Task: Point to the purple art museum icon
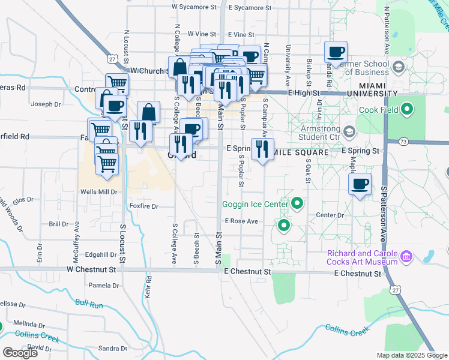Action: coord(406,257)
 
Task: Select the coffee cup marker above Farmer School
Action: coord(336,51)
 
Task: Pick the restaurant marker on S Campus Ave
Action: coord(262,149)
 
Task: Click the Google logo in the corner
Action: coord(20,353)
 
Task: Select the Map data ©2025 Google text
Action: coord(412,355)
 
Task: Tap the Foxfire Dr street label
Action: coord(143,206)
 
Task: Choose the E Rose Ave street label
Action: coord(241,221)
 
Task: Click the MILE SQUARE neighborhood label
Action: coord(301,153)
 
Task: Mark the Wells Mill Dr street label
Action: coord(99,192)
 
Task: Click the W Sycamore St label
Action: coord(193,7)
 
